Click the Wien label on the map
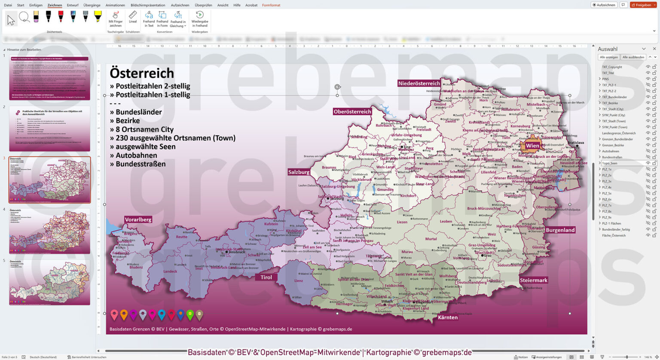click(x=532, y=146)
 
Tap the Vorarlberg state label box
click(x=138, y=220)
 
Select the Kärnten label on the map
click(x=448, y=317)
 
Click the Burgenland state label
click(x=560, y=230)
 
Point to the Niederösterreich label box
click(x=419, y=83)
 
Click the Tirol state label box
click(x=266, y=277)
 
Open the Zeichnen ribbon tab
click(x=55, y=5)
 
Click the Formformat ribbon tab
click(x=271, y=5)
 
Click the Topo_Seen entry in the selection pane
click(x=609, y=163)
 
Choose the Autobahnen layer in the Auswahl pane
click(x=610, y=151)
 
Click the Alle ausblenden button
click(x=633, y=57)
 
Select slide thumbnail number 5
click(x=49, y=282)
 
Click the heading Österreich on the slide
click(x=142, y=73)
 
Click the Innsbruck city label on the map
click(x=237, y=252)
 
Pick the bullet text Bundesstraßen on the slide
click(x=141, y=164)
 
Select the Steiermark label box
click(x=534, y=280)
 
